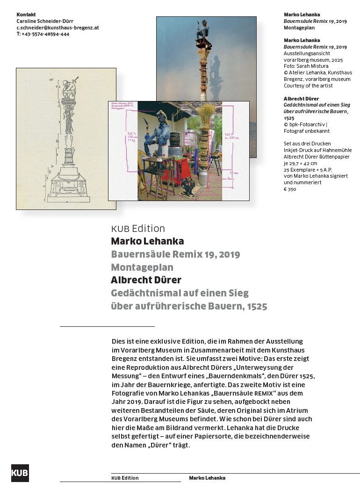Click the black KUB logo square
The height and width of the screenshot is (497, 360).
20,473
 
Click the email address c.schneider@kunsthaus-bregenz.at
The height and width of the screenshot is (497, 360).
58,28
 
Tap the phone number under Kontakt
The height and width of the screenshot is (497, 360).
43,34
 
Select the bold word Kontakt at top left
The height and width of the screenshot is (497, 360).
26,14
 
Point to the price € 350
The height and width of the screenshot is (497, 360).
290,189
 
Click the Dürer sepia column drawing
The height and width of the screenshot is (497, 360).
66,138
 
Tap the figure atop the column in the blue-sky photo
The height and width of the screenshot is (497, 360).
203,31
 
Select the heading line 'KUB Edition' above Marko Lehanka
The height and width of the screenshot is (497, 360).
138,229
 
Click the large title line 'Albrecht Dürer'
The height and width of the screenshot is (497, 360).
146,280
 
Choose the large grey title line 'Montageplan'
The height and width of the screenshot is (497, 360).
142,267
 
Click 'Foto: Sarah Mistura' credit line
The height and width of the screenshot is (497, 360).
306,66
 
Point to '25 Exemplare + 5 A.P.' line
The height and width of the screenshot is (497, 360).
310,169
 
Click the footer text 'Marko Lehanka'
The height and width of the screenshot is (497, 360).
207,478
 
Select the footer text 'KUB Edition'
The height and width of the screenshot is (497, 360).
125,478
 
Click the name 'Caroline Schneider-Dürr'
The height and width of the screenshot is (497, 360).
45,21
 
